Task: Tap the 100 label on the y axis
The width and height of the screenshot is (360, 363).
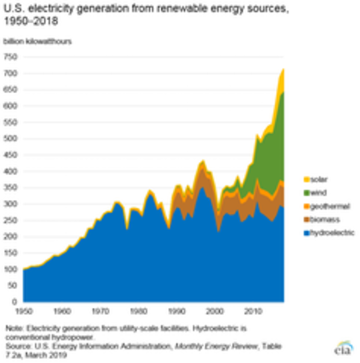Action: tap(11, 269)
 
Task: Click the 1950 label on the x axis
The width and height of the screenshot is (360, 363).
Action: tap(24, 312)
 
